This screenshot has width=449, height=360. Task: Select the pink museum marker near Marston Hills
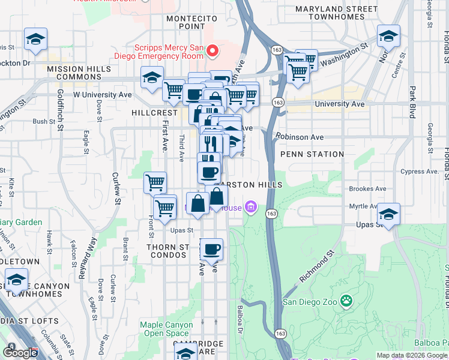point(251,208)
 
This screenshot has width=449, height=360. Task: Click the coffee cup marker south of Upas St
point(211,248)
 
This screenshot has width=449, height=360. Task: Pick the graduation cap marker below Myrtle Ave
point(388,214)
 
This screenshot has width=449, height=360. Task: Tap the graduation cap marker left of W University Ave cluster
point(152,77)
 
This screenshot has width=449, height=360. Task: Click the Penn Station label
point(312,154)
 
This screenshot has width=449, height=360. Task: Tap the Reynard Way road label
point(85,259)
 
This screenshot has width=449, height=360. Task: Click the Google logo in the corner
point(20,353)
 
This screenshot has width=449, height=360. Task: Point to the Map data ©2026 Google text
point(411,355)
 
